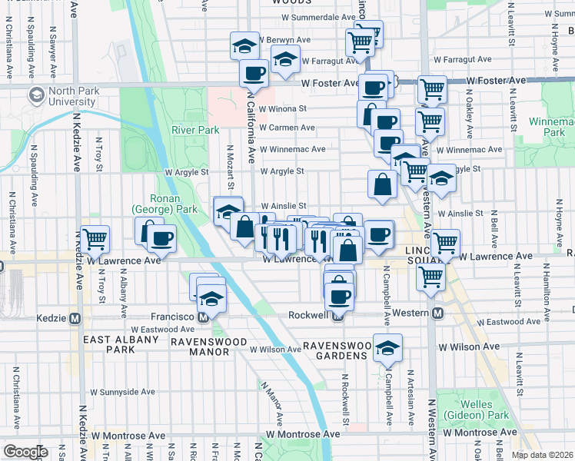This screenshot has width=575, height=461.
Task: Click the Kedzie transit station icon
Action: (75, 318)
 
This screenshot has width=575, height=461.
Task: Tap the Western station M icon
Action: (437, 313)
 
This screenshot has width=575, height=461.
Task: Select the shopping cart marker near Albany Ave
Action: (95, 239)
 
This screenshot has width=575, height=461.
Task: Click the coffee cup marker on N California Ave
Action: (254, 74)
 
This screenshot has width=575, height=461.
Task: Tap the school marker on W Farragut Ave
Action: (285, 60)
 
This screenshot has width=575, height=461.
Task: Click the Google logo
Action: (25, 452)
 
